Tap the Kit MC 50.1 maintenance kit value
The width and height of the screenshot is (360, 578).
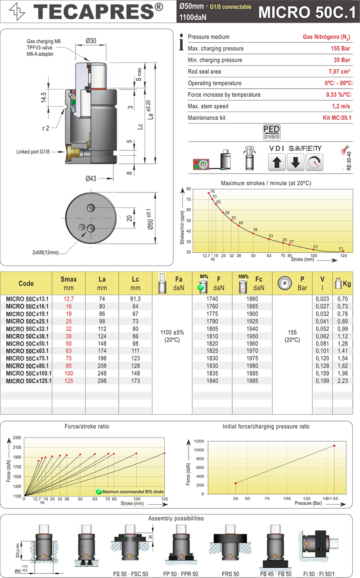point(337,118)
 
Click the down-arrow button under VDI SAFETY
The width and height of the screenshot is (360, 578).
point(295,162)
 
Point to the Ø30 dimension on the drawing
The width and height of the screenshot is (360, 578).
point(92,41)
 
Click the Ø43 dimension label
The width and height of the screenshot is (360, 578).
point(92,179)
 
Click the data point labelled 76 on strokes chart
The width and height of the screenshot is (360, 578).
point(208,193)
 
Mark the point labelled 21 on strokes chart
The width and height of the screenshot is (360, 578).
point(343,251)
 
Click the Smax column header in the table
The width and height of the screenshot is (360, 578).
point(68,283)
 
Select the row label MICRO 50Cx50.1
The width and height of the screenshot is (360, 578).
point(28,343)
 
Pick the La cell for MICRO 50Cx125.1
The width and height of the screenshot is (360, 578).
point(102,381)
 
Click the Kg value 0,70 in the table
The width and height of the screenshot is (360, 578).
point(342,299)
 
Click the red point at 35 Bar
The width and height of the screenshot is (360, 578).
point(235,483)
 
